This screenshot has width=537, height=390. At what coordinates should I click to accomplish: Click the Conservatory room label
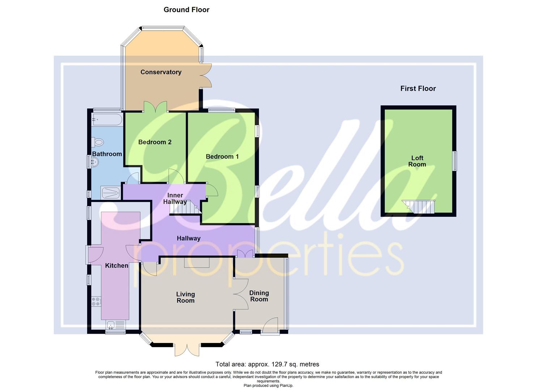pyautogui.click(x=161, y=72)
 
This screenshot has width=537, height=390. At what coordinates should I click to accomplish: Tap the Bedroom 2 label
pyautogui.click(x=155, y=142)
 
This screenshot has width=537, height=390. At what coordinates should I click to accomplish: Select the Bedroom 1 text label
pyautogui.click(x=222, y=157)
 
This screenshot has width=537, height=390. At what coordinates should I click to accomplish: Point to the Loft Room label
pyautogui.click(x=417, y=161)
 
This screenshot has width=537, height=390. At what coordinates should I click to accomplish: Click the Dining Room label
pyautogui.click(x=259, y=296)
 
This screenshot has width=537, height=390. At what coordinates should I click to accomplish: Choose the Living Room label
pyautogui.click(x=186, y=298)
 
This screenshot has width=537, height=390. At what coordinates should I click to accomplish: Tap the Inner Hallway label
pyautogui.click(x=175, y=199)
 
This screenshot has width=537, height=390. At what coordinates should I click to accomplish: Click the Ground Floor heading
pyautogui.click(x=186, y=10)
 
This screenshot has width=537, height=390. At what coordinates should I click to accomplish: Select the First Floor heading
pyautogui.click(x=418, y=89)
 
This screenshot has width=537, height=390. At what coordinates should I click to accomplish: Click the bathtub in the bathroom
pyautogui.click(x=107, y=120)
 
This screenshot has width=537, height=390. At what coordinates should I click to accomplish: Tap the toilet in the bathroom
pyautogui.click(x=98, y=143)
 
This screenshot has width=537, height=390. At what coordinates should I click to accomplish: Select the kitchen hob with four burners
pyautogui.click(x=96, y=302)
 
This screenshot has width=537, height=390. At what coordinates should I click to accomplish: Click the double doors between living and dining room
pyautogui.click(x=240, y=294)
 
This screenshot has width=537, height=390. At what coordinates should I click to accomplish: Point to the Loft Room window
pyautogui.click(x=455, y=161)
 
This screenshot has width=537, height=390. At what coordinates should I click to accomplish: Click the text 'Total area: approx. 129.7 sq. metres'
pyautogui.click(x=267, y=364)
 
